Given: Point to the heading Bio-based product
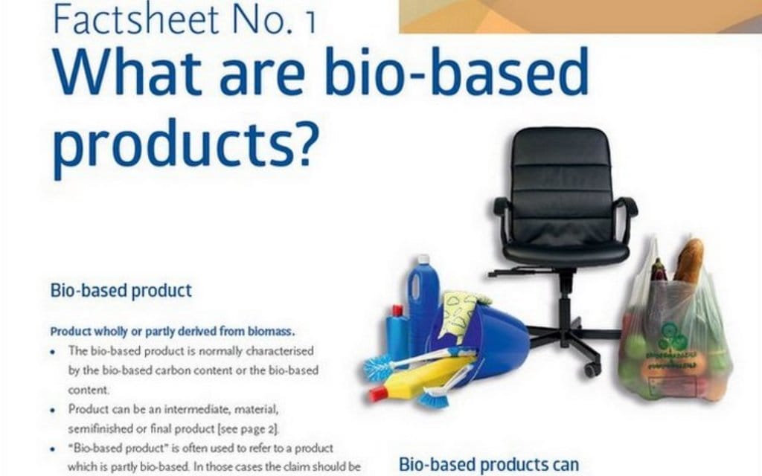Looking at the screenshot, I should [x=121, y=290].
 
